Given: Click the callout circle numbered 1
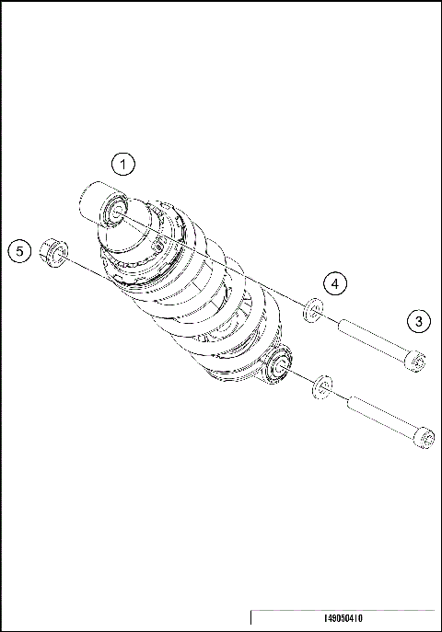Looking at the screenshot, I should tap(123, 165).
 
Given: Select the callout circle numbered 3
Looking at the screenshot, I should tap(418, 321).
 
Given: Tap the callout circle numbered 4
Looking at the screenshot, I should tap(337, 283).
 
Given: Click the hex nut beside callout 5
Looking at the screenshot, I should tap(53, 250).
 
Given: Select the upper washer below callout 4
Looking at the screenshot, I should tap(313, 313).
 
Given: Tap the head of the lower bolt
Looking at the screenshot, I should tap(423, 438).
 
